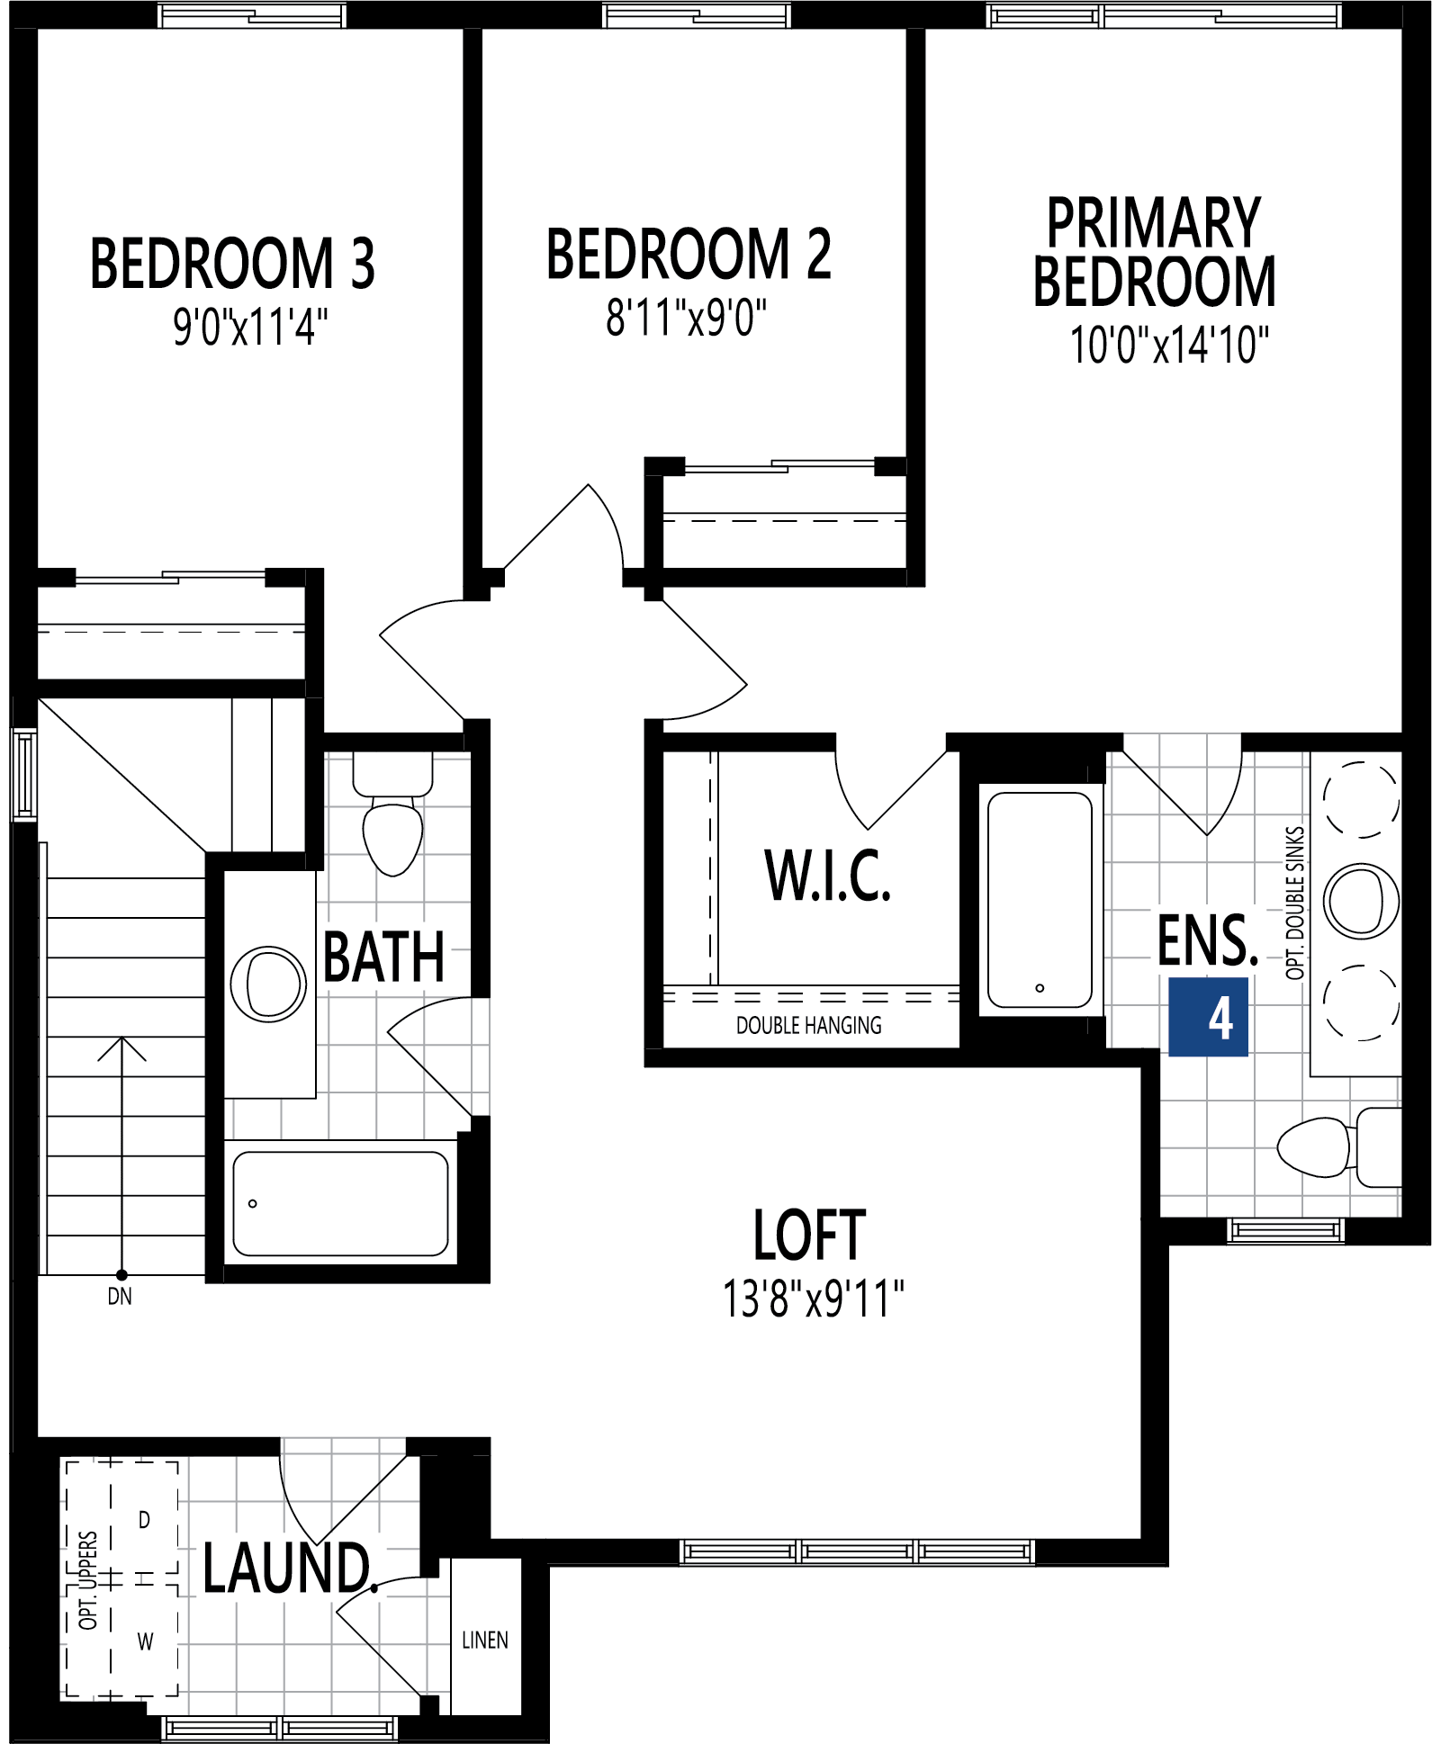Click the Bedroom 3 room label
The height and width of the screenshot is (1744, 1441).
pyautogui.click(x=232, y=264)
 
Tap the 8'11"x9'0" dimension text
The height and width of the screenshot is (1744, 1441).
pyautogui.click(x=686, y=319)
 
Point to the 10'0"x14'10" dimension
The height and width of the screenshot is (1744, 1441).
pyautogui.click(x=1168, y=346)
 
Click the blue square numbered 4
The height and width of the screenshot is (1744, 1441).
pyautogui.click(x=1208, y=1017)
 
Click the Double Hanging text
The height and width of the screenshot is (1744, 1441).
pyautogui.click(x=808, y=1025)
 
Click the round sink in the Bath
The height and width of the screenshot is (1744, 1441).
pyautogui.click(x=268, y=984)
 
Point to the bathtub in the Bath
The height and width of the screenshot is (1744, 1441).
pyautogui.click(x=340, y=1203)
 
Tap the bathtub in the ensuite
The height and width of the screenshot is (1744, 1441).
pyautogui.click(x=1040, y=900)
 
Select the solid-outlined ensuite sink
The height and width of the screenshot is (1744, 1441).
pyautogui.click(x=1361, y=901)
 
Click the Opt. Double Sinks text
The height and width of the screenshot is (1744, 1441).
pyautogui.click(x=1294, y=903)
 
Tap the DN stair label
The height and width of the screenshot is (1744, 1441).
pyautogui.click(x=120, y=1297)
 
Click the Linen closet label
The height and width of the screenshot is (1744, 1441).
pyautogui.click(x=485, y=1640)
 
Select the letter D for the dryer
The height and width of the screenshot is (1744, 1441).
pyautogui.click(x=144, y=1520)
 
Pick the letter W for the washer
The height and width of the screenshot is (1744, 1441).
pyautogui.click(x=145, y=1641)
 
